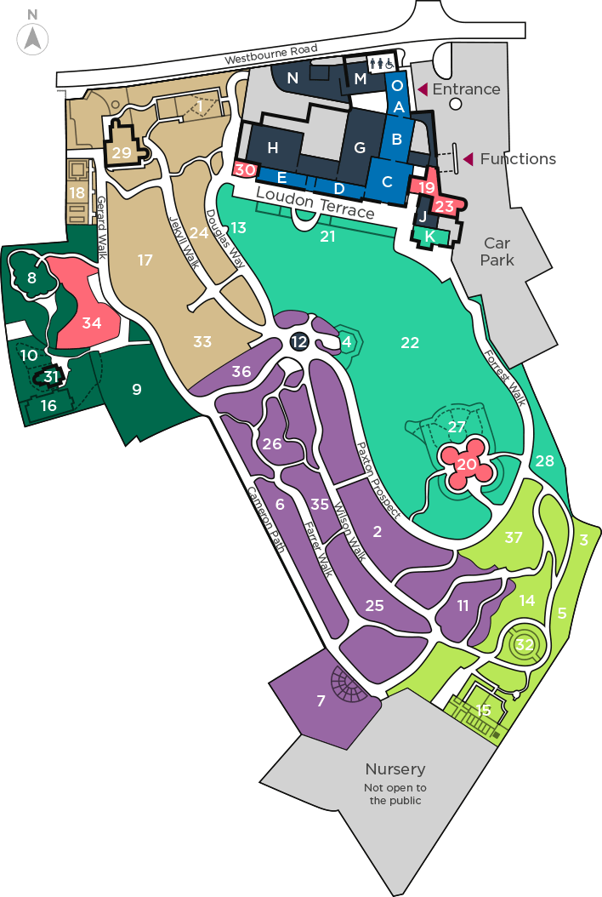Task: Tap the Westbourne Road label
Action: pyautogui.click(x=272, y=54)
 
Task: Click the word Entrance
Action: pyautogui.click(x=466, y=89)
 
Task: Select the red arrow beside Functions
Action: pyautogui.click(x=468, y=159)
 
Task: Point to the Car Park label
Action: pyautogui.click(x=497, y=252)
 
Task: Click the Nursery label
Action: pyautogui.click(x=395, y=769)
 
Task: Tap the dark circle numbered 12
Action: pyautogui.click(x=298, y=341)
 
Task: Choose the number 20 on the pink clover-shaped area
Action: pyautogui.click(x=467, y=465)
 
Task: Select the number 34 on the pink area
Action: pyautogui.click(x=92, y=323)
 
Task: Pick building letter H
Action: pyautogui.click(x=272, y=148)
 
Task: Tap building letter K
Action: pyautogui.click(x=429, y=236)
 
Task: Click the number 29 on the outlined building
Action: pyautogui.click(x=122, y=153)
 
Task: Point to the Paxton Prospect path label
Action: pyautogui.click(x=378, y=479)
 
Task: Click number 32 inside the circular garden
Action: pyautogui.click(x=525, y=645)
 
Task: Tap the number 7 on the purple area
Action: pyautogui.click(x=321, y=701)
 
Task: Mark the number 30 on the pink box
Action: pyautogui.click(x=245, y=170)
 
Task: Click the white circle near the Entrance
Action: pyautogui.click(x=456, y=104)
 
